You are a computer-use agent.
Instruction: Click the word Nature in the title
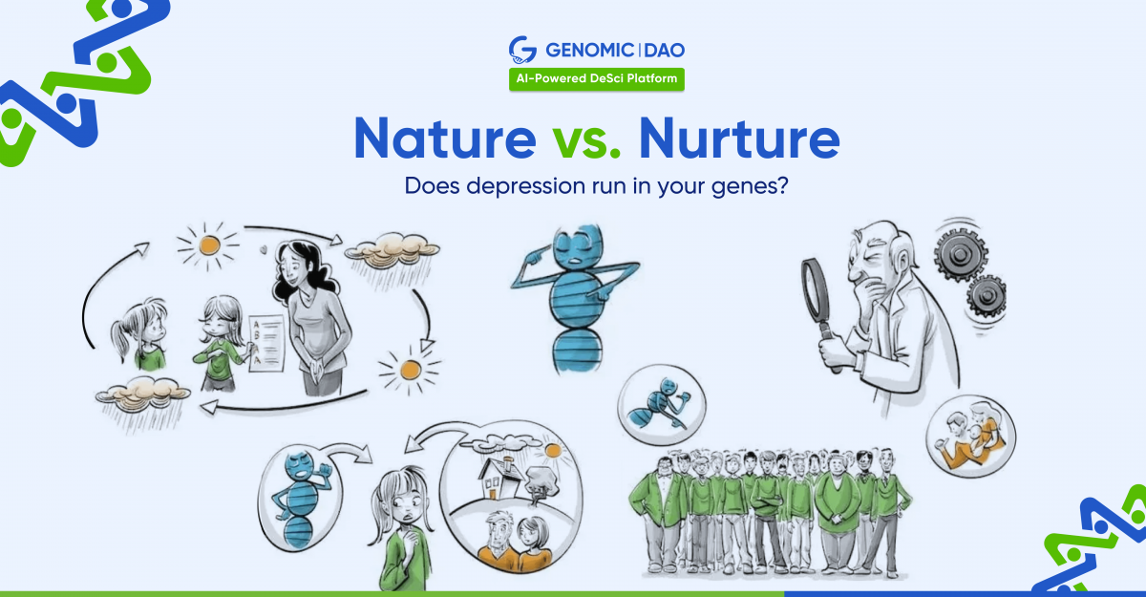445,139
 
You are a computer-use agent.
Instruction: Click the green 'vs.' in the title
586,142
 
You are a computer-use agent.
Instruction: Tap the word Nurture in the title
739,139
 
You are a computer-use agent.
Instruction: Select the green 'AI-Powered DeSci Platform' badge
597,79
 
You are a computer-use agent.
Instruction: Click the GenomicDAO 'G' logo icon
522,50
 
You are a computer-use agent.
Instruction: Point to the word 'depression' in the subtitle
526,186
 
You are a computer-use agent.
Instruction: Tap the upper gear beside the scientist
961,254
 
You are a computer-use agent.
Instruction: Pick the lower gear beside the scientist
987,297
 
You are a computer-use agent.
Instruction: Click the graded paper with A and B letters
266,343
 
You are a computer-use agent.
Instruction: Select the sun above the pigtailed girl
209,246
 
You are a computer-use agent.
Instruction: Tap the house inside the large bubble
499,478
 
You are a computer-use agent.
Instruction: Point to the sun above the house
553,450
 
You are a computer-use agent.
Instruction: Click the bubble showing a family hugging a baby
970,437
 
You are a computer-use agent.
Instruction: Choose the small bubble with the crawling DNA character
662,405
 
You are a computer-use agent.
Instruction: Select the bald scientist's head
876,251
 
